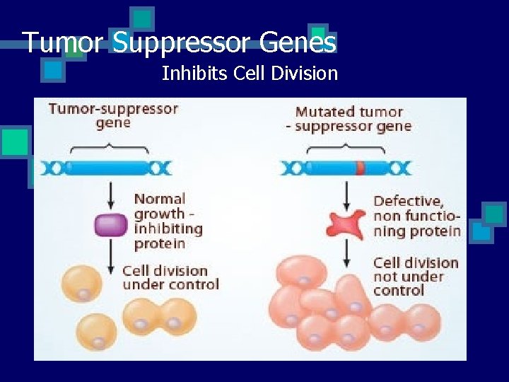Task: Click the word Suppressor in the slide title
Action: point(182,42)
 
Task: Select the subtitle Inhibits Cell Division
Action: point(250,73)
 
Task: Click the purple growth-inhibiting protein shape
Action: point(110,225)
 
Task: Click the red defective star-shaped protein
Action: point(346,224)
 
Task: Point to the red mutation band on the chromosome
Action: point(360,168)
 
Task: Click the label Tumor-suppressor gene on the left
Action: point(113,115)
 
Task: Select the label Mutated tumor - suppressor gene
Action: point(349,119)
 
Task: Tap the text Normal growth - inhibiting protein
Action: point(168,221)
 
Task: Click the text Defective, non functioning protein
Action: point(416,216)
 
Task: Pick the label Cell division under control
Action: point(170,277)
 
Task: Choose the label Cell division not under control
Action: point(416,276)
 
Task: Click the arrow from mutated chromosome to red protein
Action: point(346,195)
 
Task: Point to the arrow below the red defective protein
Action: point(346,253)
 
